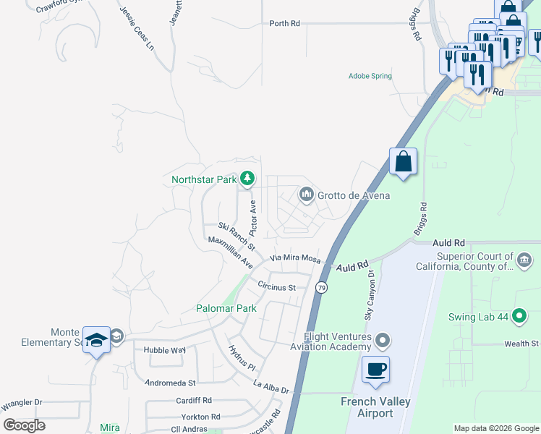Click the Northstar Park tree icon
(x=247, y=178)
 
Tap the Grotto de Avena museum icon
(x=306, y=195)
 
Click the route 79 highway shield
(x=320, y=288)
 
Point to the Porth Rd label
(x=284, y=24)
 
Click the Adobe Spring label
(x=370, y=76)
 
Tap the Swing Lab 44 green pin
(x=519, y=315)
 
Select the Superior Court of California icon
(x=524, y=259)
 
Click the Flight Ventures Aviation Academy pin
(x=383, y=340)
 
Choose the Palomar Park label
(x=226, y=308)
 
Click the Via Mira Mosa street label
(x=295, y=258)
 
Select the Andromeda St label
(x=170, y=382)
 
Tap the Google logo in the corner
(x=25, y=425)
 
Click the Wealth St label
(x=522, y=344)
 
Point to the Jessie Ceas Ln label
(x=137, y=28)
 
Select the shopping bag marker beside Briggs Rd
(x=404, y=161)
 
